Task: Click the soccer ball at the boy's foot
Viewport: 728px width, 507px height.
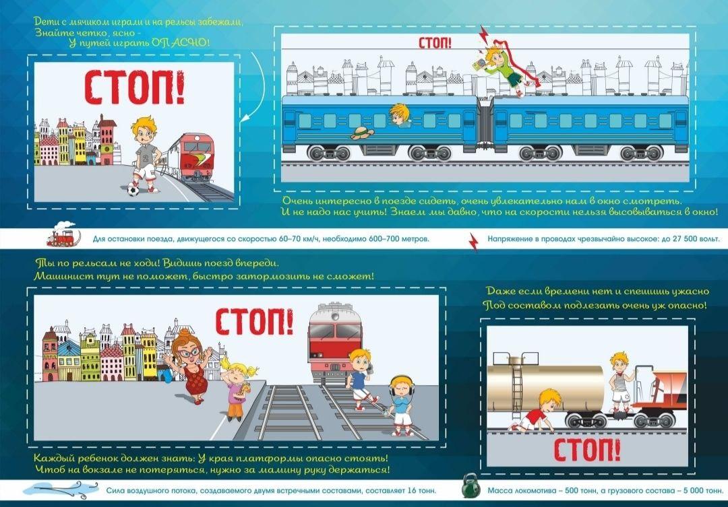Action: [133, 190]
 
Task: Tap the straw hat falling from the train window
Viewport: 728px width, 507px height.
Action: [363, 133]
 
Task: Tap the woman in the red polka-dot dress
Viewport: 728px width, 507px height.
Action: [191, 366]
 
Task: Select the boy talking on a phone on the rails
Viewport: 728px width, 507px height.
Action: [361, 378]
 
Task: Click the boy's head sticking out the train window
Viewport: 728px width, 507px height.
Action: [400, 115]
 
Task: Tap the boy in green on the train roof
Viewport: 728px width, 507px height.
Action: [504, 67]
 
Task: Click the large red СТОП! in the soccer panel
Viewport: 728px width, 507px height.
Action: [134, 87]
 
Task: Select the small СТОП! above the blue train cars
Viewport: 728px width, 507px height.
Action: [435, 42]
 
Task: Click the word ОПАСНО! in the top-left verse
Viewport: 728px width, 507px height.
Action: [180, 42]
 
